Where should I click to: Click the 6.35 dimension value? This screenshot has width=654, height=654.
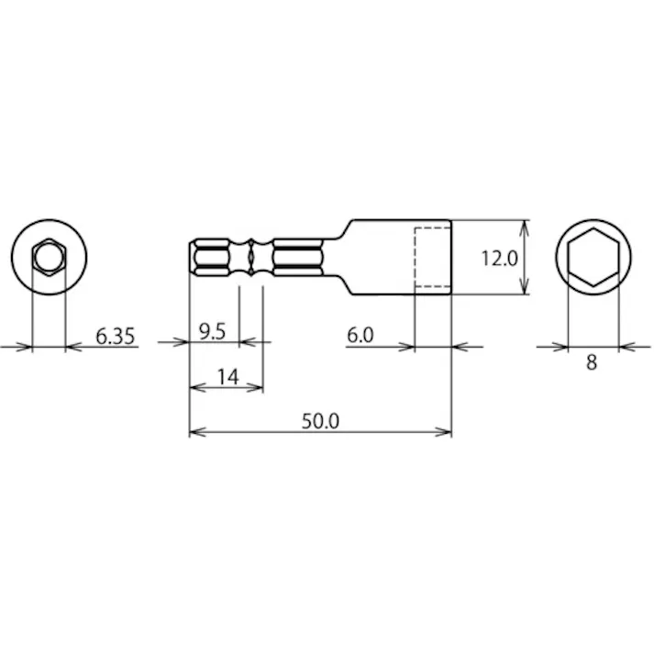116,337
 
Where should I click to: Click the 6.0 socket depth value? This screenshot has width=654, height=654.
360,336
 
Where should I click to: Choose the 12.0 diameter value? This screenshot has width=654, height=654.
500,259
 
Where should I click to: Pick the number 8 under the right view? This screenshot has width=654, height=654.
592,361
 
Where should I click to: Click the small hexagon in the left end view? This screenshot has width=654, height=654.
47,257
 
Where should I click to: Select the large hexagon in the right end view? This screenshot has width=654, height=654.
592,257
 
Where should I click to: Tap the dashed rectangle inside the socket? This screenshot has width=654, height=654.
432,258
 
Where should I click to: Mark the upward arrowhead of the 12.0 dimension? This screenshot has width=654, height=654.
525,226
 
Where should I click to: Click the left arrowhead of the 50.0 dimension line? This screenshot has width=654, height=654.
194,431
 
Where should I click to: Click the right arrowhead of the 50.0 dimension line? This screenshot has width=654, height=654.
447,431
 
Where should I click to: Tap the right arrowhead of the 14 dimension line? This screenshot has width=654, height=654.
259,388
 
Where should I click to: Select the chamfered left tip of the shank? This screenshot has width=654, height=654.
194,257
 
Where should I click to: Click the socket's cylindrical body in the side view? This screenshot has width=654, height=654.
385,257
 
